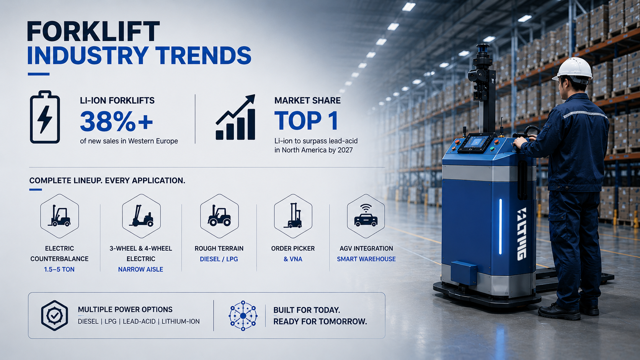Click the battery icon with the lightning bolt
point(45,117)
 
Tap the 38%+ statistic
point(116,121)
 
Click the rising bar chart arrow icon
point(235,117)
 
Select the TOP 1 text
point(306,121)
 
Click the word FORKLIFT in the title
point(93,31)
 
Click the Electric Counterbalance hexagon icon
point(59,216)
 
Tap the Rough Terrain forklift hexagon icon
point(219,216)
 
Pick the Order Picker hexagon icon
point(293,216)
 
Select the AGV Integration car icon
point(366,216)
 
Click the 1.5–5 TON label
point(59,269)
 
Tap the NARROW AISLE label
point(140,269)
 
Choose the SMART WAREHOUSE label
point(366,259)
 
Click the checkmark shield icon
point(55,316)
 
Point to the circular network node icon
point(243,316)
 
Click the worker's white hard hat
point(573,69)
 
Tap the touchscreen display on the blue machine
point(476,142)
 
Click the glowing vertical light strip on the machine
point(500,226)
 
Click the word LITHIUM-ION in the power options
point(181,321)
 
